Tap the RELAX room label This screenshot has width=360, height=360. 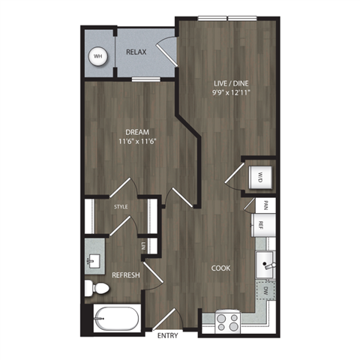135,52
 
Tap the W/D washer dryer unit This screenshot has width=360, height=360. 258,178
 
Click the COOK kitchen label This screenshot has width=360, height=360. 220,268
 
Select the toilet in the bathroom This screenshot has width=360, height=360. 94,288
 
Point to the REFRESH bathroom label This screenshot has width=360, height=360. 127,275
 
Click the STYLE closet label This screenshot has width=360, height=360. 120,205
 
